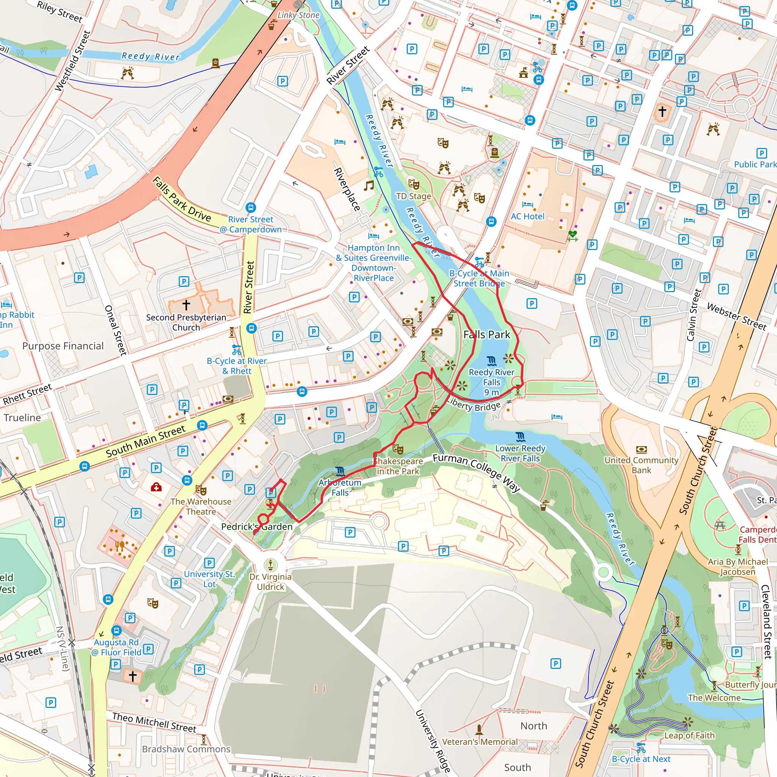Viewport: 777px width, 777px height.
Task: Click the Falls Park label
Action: click(486, 335)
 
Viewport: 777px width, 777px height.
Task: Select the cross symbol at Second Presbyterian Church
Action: click(186, 304)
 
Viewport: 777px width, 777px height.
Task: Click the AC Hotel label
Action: click(527, 216)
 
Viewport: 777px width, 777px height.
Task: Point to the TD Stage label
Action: click(414, 196)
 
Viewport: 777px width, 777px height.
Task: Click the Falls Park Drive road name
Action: click(182, 200)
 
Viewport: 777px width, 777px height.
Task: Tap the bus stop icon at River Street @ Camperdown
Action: click(250, 208)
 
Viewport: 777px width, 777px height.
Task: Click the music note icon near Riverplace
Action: click(368, 186)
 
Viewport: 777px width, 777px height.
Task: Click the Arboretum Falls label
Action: click(340, 487)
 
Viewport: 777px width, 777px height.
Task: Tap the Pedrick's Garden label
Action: click(256, 527)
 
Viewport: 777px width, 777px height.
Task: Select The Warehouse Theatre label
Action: click(201, 506)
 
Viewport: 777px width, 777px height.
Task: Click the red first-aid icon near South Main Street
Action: click(156, 488)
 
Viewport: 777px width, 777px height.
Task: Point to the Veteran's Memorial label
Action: click(480, 742)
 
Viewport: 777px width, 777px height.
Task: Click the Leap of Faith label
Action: click(689, 735)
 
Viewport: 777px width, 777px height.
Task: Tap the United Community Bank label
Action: click(641, 465)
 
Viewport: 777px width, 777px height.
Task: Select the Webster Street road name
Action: click(736, 317)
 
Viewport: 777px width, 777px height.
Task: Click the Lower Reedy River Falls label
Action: click(520, 453)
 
